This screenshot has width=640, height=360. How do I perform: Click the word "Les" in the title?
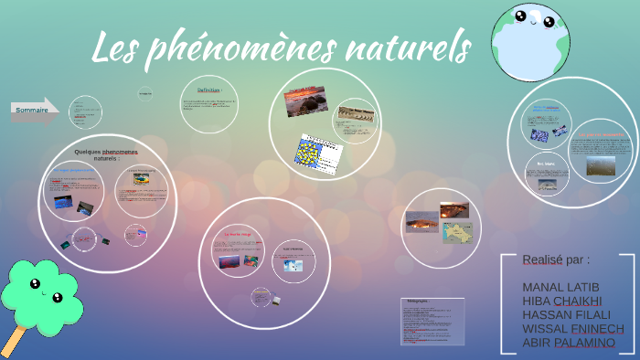coord(119,47)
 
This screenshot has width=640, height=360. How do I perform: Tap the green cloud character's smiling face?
coord(42,291)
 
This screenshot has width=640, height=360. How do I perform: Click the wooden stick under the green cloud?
coord(14,343)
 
